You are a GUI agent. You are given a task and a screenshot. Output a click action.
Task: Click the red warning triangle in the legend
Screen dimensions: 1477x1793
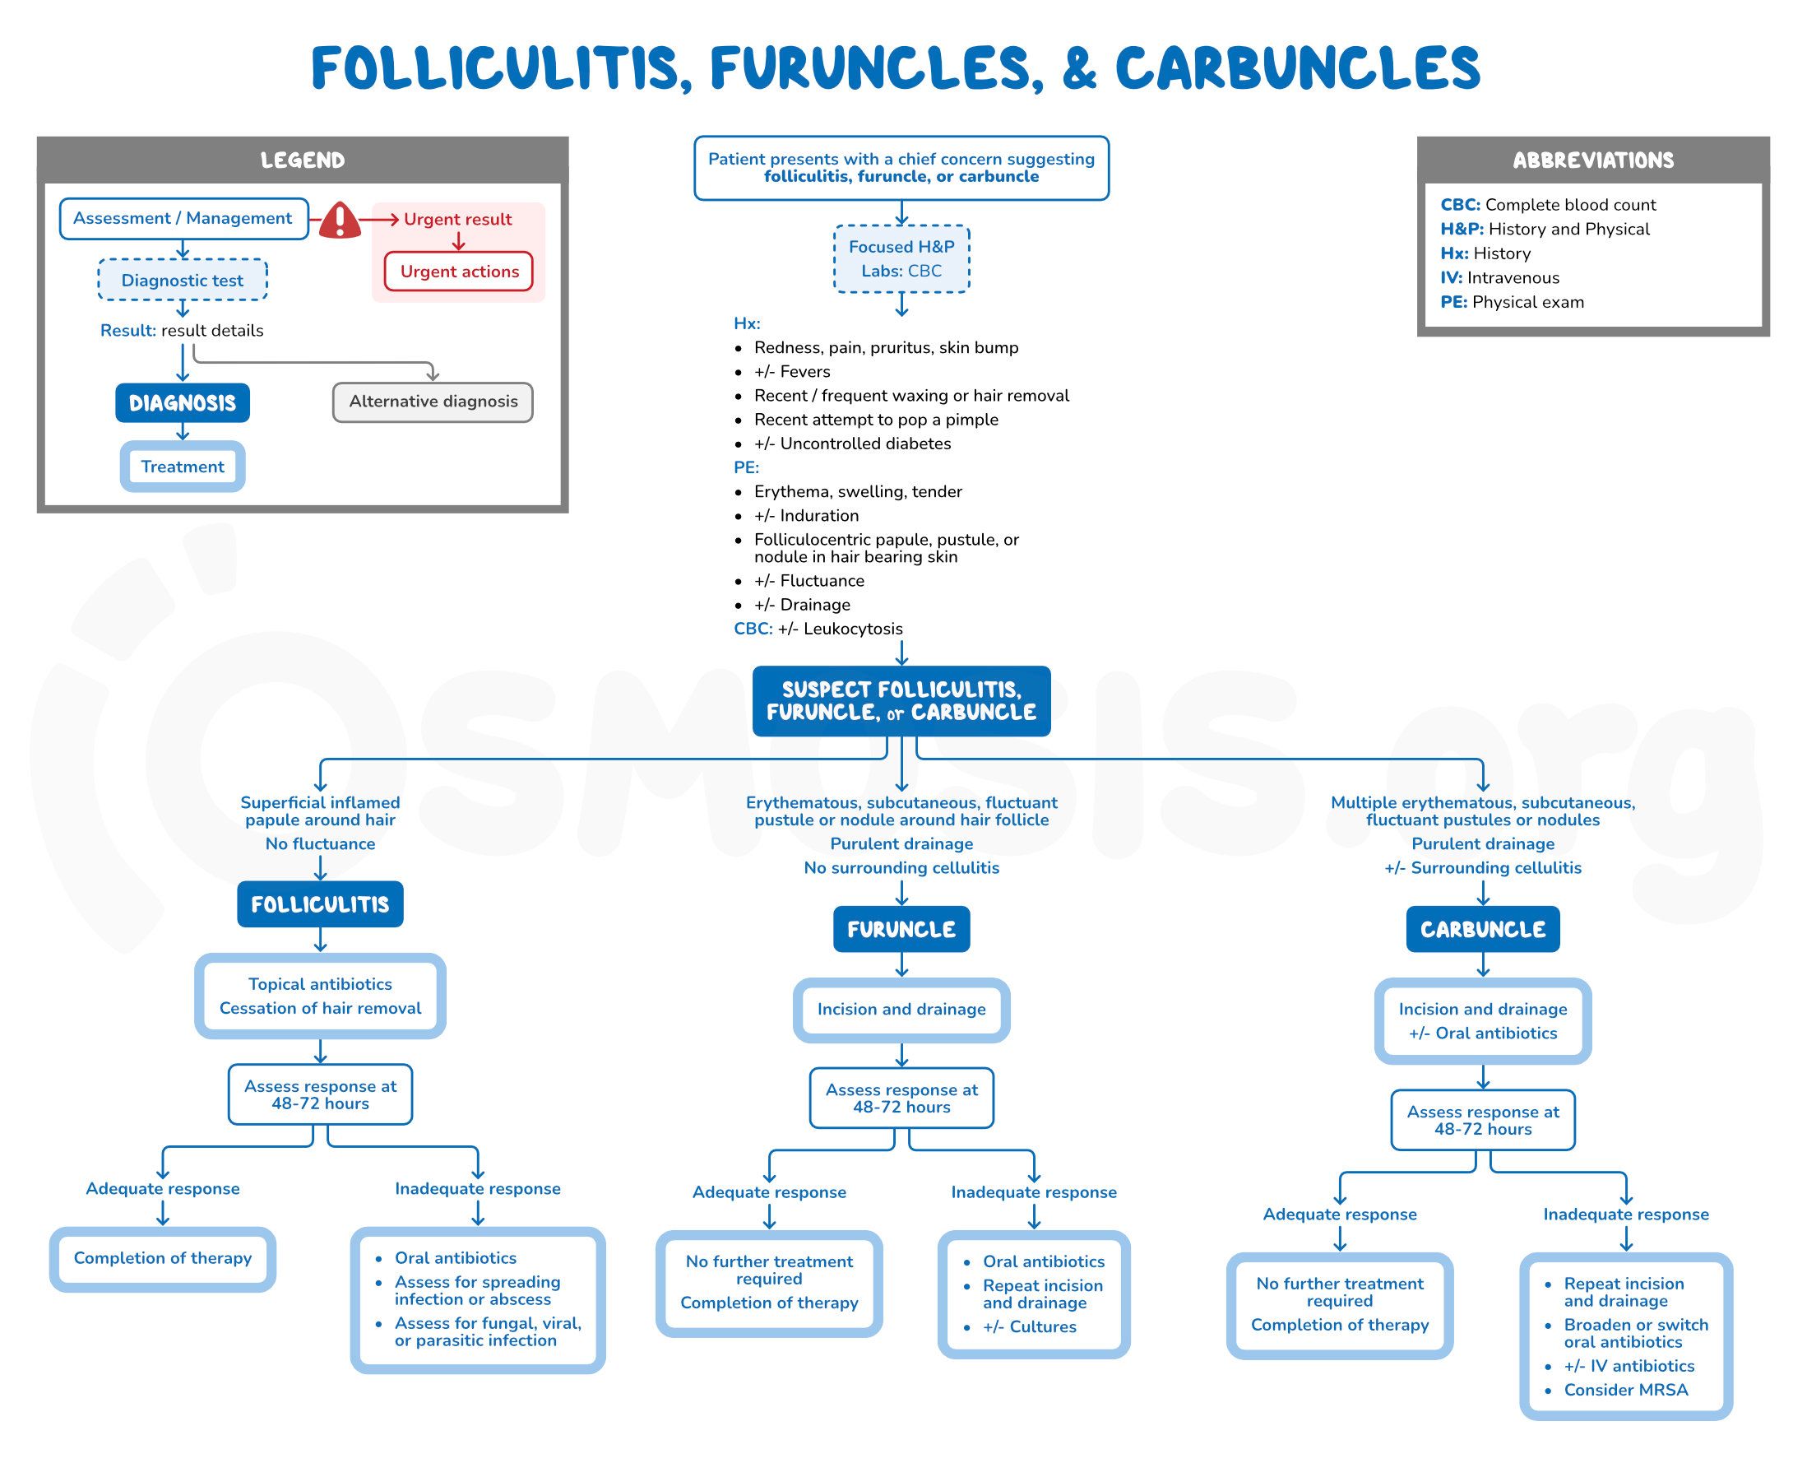click(340, 221)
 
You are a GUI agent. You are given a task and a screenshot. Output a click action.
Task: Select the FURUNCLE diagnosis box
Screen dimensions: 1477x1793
click(901, 929)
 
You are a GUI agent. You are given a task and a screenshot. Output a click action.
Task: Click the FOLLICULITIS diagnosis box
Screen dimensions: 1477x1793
click(320, 903)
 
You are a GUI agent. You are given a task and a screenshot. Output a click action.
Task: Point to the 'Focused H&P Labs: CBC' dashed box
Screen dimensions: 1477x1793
click(901, 258)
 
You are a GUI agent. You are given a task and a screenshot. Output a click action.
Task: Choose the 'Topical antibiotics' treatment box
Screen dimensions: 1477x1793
click(320, 996)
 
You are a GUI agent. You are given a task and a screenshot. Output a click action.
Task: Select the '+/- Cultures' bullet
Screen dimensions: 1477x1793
click(1029, 1326)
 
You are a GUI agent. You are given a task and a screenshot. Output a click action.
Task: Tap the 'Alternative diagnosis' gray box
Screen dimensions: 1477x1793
click(433, 402)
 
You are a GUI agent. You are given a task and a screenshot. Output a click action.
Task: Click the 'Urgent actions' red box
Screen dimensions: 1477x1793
click(459, 272)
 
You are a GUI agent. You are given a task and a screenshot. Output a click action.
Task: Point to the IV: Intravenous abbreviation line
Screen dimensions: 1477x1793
click(1499, 277)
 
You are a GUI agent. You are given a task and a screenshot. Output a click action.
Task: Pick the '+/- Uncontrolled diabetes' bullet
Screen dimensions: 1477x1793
click(852, 444)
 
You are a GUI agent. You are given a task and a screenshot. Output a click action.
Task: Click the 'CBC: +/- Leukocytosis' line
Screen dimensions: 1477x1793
click(818, 629)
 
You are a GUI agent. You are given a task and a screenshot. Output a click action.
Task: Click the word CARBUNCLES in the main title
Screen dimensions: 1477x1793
click(1297, 68)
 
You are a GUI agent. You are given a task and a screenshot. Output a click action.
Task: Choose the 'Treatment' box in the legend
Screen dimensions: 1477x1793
click(182, 467)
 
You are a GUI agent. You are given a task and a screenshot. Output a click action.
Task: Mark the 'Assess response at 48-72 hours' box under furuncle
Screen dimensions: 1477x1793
click(901, 1098)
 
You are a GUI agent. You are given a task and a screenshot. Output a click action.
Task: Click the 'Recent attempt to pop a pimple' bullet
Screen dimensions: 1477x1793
click(876, 420)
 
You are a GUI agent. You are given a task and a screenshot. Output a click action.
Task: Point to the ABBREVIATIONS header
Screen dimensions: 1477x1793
click(1592, 160)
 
